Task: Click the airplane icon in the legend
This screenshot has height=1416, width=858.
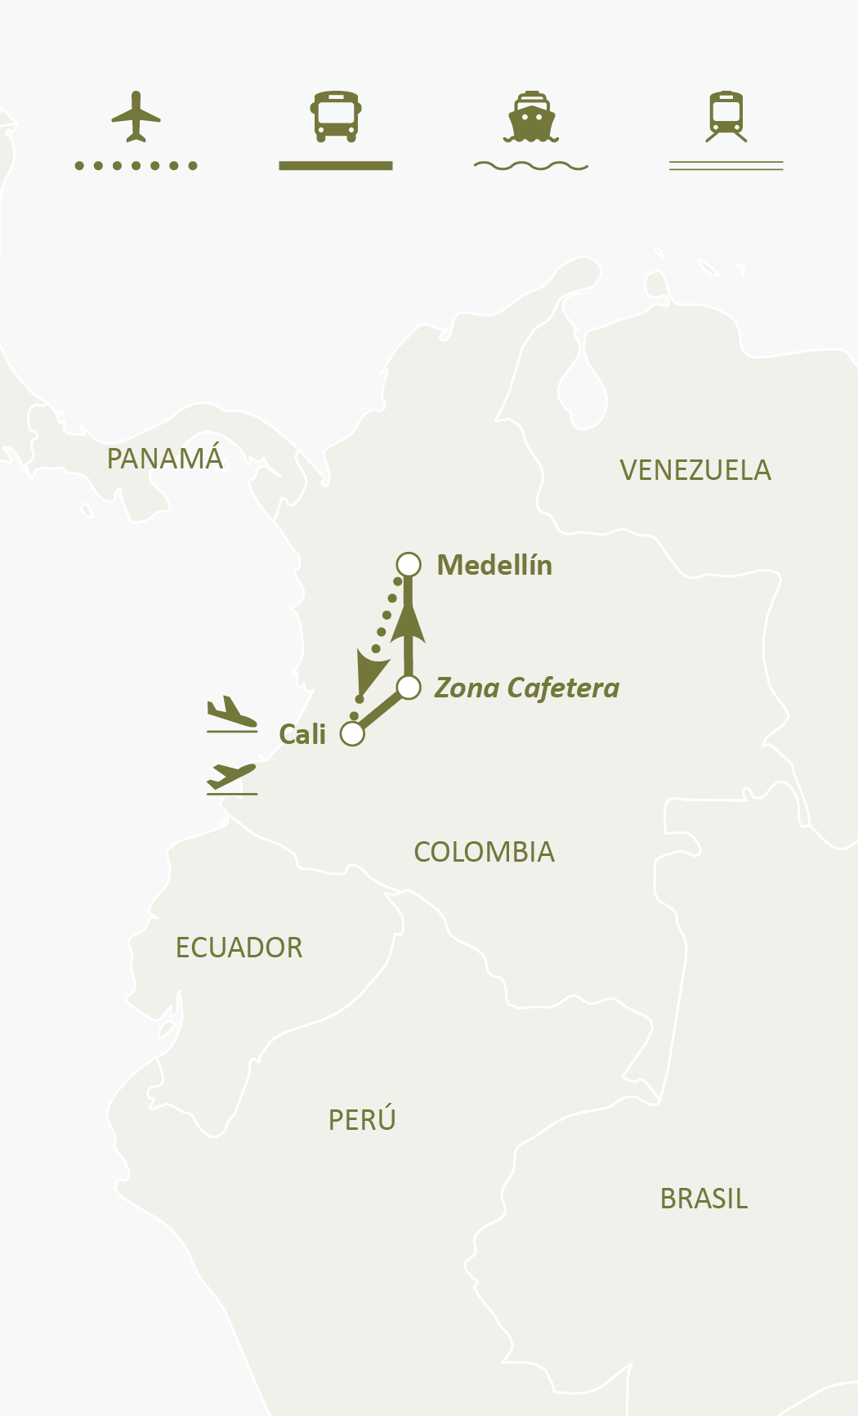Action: [136, 117]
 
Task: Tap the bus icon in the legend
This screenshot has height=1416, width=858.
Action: [335, 116]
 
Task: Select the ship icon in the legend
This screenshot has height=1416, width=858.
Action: [531, 117]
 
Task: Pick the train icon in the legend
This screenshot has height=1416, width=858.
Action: [726, 116]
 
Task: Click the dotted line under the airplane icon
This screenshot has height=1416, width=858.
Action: [136, 166]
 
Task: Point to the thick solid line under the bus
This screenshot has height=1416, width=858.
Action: [335, 166]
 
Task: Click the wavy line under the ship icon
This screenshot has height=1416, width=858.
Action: [531, 166]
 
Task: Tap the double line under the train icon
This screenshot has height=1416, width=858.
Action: [726, 166]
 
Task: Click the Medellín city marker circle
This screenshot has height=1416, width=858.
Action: [409, 564]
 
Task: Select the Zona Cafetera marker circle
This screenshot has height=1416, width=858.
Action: [409, 688]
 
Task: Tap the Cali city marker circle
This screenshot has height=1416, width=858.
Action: [352, 733]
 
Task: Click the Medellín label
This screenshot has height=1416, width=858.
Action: [494, 565]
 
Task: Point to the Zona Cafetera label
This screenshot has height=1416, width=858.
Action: [527, 688]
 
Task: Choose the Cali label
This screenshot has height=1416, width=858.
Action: [302, 734]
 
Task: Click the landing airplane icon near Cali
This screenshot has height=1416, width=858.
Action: [232, 714]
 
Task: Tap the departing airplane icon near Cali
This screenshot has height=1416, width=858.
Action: [232, 777]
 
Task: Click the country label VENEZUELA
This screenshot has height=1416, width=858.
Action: [695, 471]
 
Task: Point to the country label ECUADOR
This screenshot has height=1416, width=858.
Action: [239, 948]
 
